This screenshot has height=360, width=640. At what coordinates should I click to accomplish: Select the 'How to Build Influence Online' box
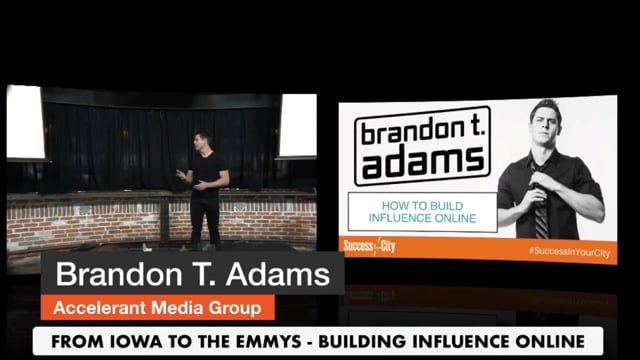[x=421, y=212]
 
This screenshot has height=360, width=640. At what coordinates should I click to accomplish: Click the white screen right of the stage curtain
[x=297, y=126]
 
